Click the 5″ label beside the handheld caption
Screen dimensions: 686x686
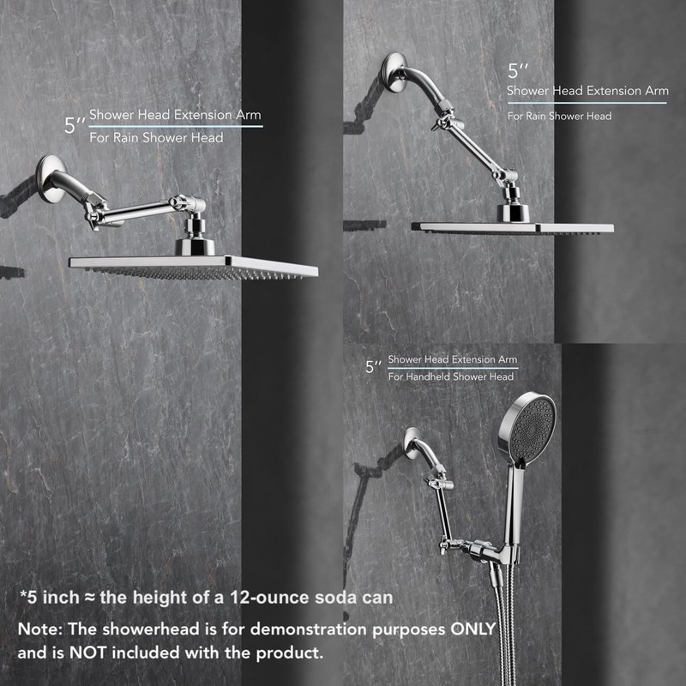tap(374, 367)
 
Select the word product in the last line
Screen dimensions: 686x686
tap(287, 653)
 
